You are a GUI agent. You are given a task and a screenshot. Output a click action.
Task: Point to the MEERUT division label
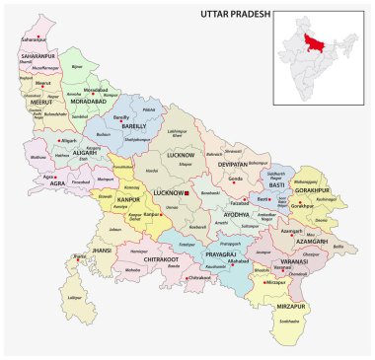(37, 100)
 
